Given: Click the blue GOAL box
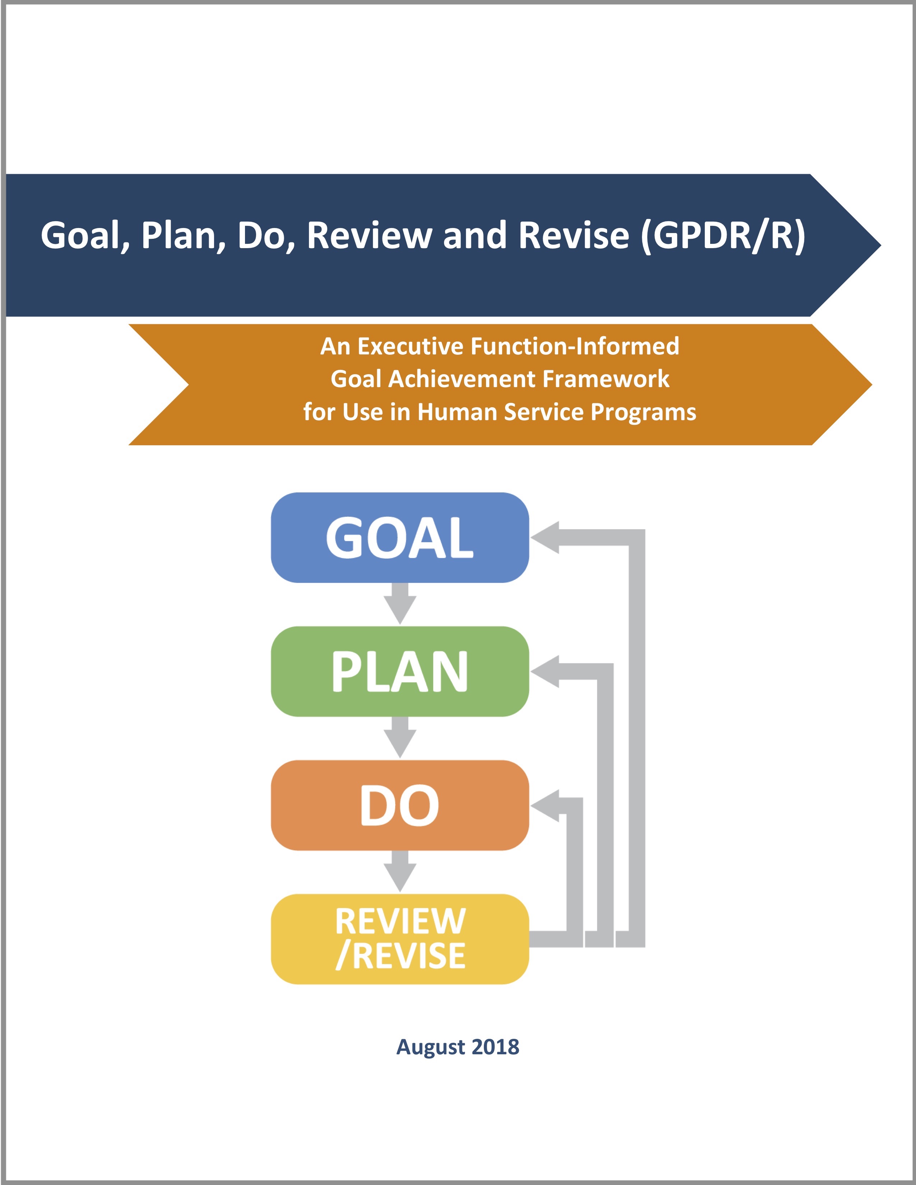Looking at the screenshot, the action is pyautogui.click(x=400, y=537).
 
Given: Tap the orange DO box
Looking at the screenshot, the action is pyautogui.click(x=400, y=805).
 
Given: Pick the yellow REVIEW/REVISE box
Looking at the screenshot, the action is pyautogui.click(x=400, y=939).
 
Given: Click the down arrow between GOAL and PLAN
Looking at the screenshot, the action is pyautogui.click(x=400, y=603).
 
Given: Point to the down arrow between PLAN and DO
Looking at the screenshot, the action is pyautogui.click(x=400, y=737).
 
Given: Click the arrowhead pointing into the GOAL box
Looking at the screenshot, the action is pyautogui.click(x=545, y=537).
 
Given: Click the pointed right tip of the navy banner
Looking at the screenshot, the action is pyautogui.click(x=881, y=245).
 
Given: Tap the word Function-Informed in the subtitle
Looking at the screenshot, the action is pyautogui.click(x=575, y=346).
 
